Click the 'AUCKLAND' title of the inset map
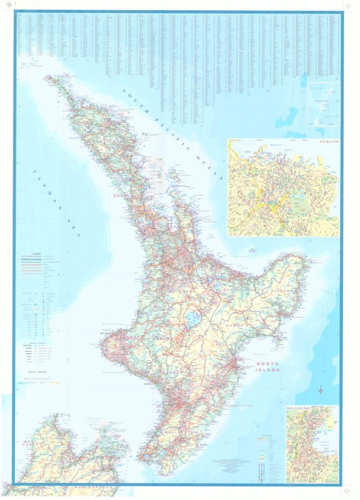[x=330, y=143]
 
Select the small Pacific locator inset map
[x=322, y=104]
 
